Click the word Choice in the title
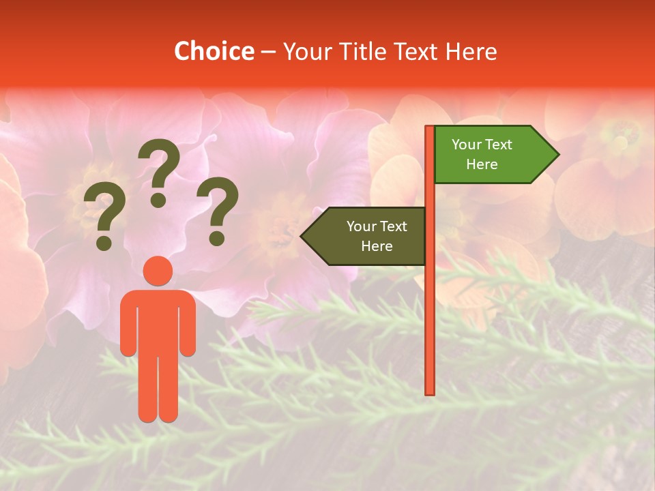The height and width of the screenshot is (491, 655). [214, 51]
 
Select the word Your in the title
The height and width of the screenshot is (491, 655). [305, 51]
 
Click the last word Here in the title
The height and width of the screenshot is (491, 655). [471, 51]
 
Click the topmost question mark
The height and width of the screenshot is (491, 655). [159, 170]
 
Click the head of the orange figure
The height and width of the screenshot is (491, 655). [158, 271]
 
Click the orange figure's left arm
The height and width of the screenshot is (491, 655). [128, 327]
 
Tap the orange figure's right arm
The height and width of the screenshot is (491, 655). [188, 327]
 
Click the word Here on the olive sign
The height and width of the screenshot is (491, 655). [377, 246]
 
